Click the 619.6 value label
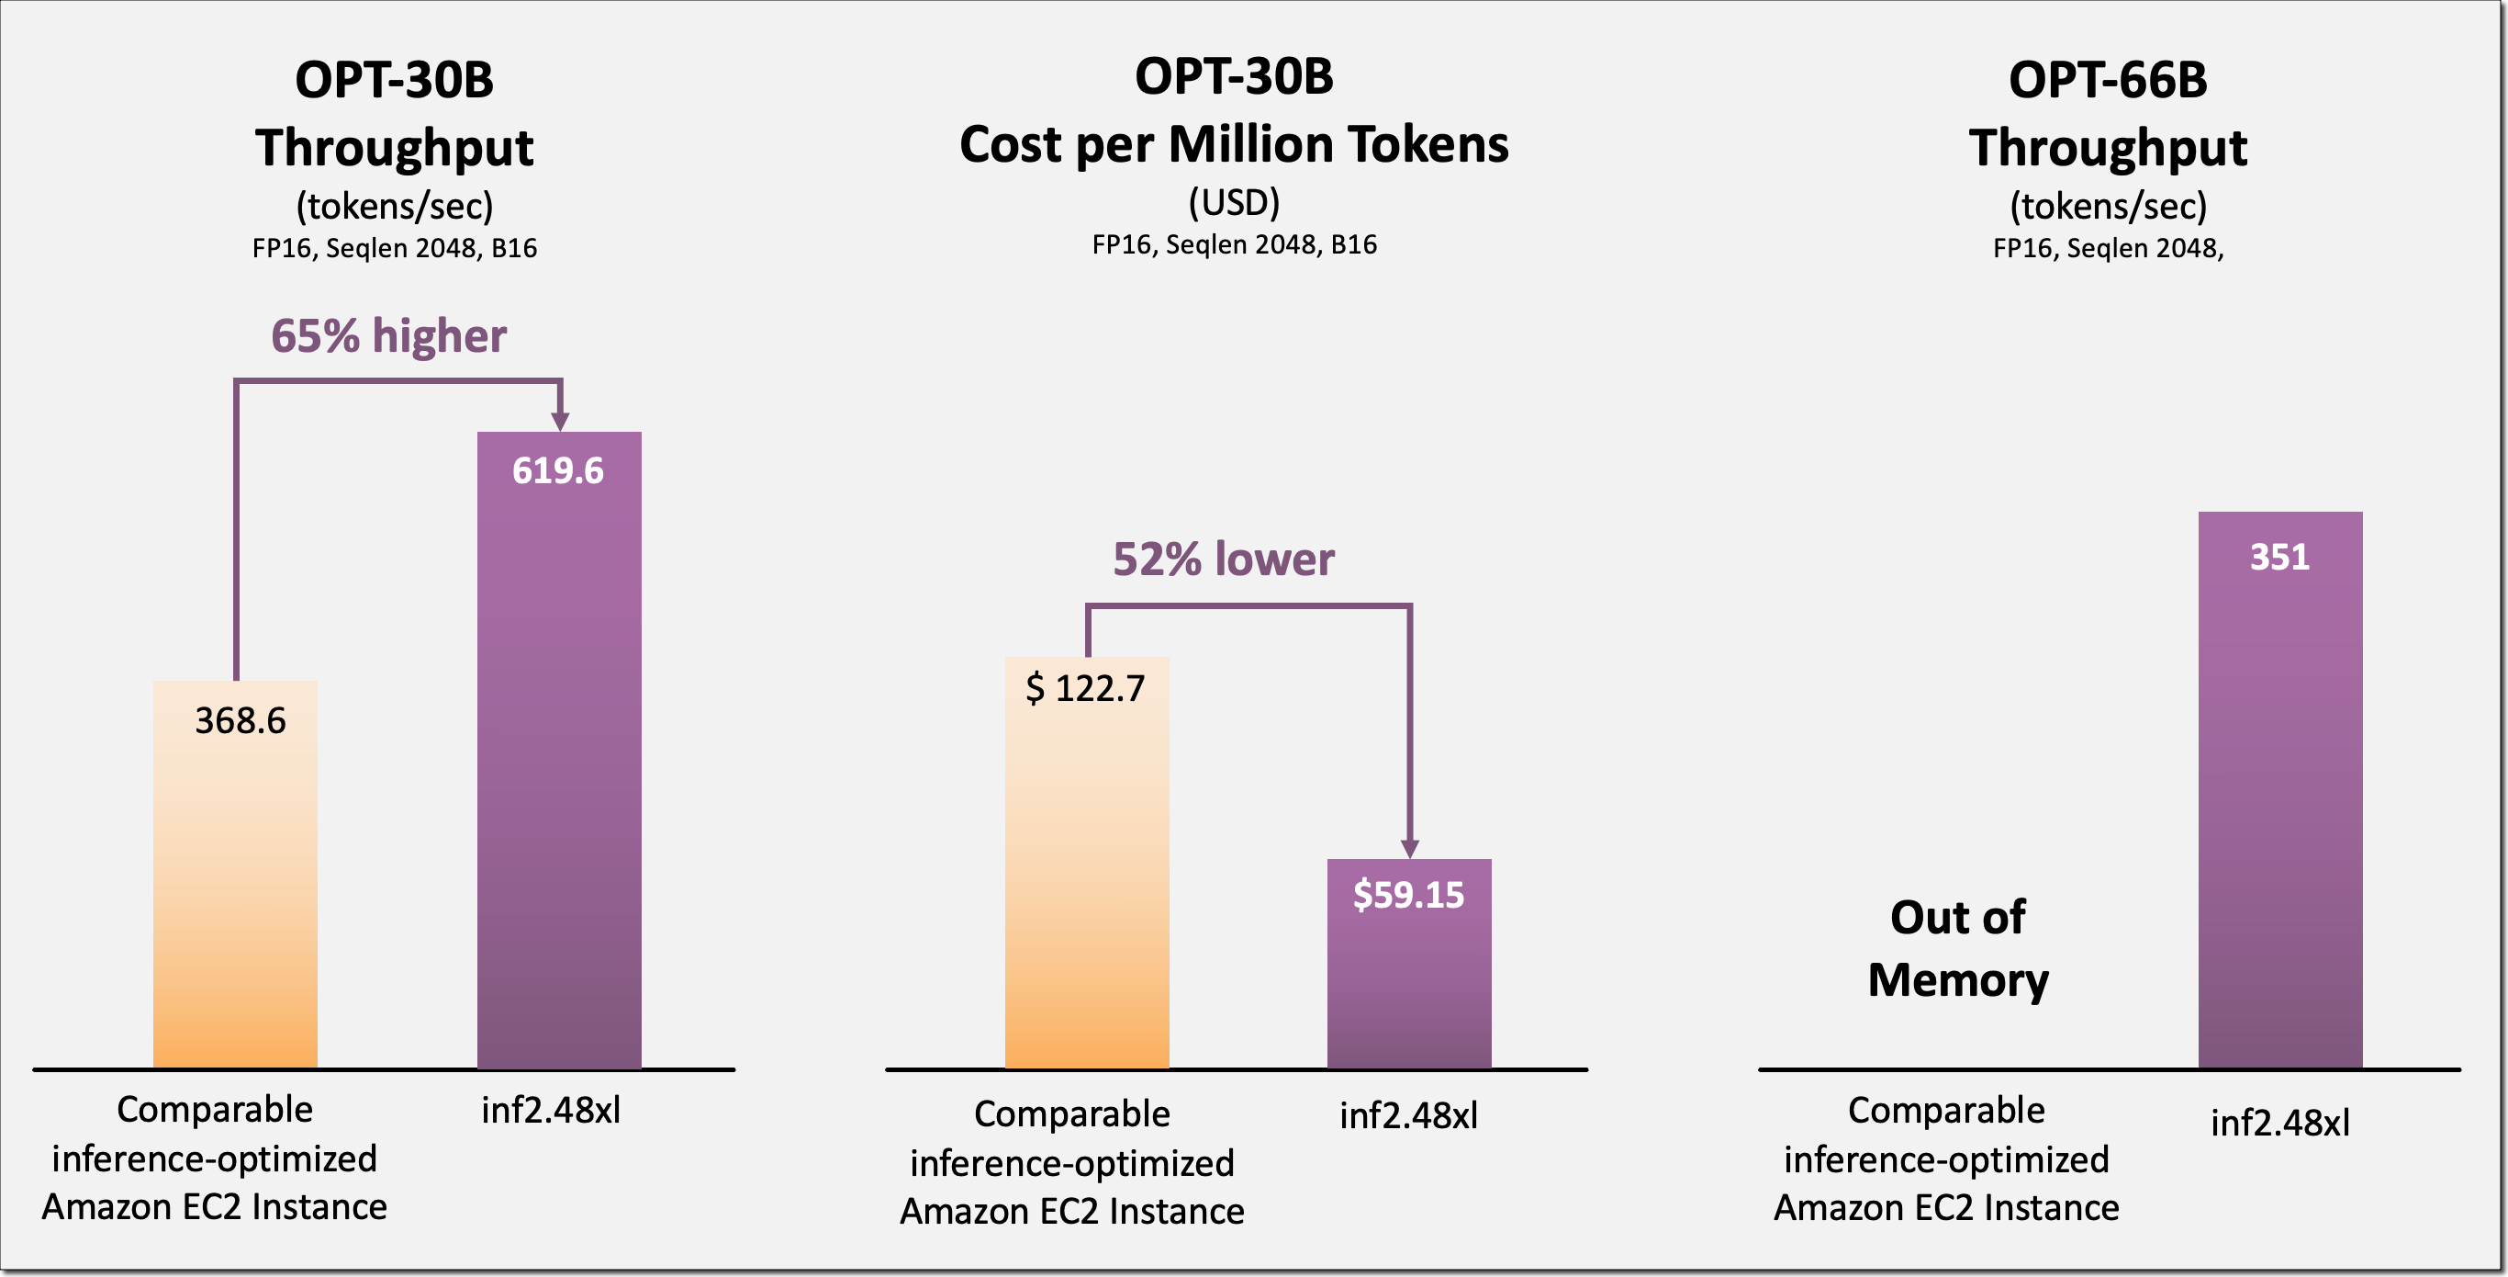pyautogui.click(x=558, y=471)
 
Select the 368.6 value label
pyautogui.click(x=241, y=721)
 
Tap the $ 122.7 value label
pyautogui.click(x=1086, y=689)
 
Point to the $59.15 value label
pyautogui.click(x=1408, y=895)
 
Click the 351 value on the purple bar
pyautogui.click(x=2279, y=557)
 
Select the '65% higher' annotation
pyautogui.click(x=388, y=336)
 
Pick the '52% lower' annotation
pyautogui.click(x=1224, y=559)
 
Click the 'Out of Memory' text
pyautogui.click(x=1958, y=948)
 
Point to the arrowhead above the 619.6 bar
pyautogui.click(x=560, y=420)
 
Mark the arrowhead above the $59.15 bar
pyautogui.click(x=1409, y=847)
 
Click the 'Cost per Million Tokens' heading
pyautogui.click(x=1234, y=144)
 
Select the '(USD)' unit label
pyautogui.click(x=1234, y=203)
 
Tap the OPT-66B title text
pyautogui.click(x=2108, y=80)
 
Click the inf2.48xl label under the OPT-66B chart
pyautogui.click(x=2280, y=1123)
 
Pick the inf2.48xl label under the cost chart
pyautogui.click(x=1408, y=1115)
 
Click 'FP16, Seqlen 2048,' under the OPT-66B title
pyautogui.click(x=2108, y=248)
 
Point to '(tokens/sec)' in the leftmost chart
pyautogui.click(x=395, y=206)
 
